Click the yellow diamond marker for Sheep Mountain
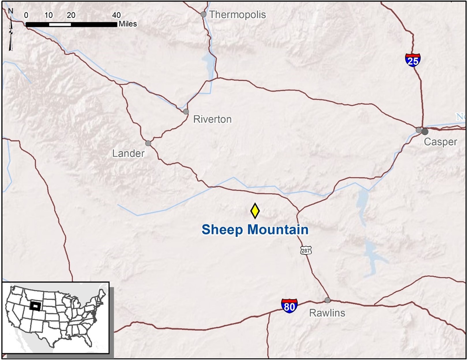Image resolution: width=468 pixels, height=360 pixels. [x=255, y=211]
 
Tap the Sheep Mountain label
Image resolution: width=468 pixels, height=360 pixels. [x=255, y=230]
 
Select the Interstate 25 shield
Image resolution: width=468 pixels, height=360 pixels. [x=413, y=60]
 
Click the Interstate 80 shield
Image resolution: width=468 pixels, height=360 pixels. [x=289, y=306]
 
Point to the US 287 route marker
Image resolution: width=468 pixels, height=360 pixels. [x=305, y=250]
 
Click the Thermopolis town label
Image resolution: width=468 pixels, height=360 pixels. [x=238, y=15]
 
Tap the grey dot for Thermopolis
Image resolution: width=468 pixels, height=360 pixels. [x=204, y=14]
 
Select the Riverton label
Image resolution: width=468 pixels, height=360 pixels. [x=212, y=119]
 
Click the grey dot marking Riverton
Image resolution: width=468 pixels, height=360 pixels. [x=186, y=112]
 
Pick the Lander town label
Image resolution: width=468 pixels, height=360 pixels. [x=128, y=153]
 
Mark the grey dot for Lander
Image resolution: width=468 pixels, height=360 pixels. [x=148, y=143]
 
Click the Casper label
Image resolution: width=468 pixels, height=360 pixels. [x=440, y=142]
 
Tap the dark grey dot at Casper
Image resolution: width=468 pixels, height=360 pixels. [x=425, y=132]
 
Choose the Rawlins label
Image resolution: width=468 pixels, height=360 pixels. [x=327, y=313]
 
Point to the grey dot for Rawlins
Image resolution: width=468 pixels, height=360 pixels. [x=327, y=300]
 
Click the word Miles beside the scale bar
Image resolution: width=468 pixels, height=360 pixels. [x=128, y=24]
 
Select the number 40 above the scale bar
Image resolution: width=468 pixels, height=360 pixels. [x=116, y=15]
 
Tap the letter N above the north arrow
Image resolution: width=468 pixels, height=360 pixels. [x=11, y=11]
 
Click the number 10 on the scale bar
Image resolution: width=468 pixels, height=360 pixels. [x=49, y=15]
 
